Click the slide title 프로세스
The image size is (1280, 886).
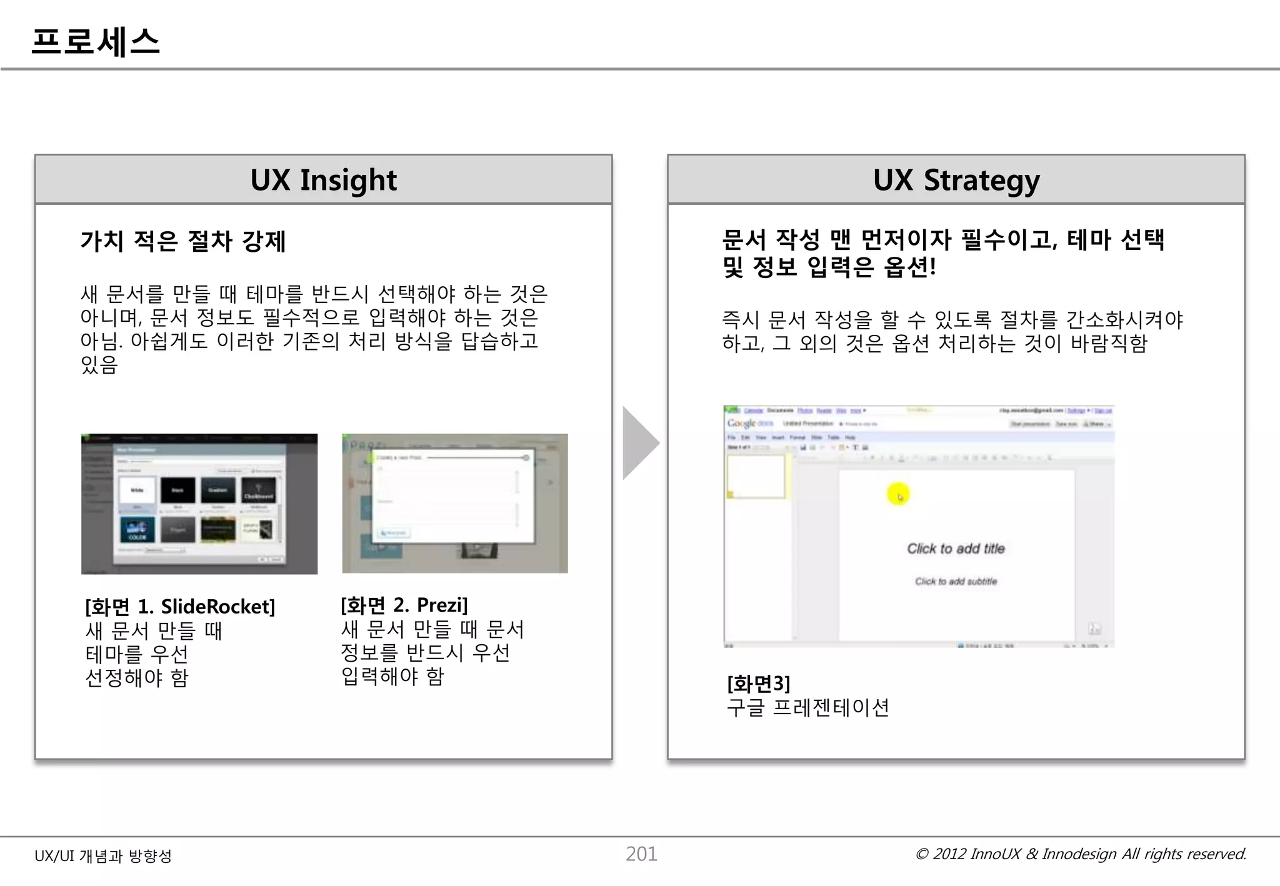[96, 42]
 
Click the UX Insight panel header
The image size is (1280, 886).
[323, 180]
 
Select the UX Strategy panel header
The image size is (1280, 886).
[956, 180]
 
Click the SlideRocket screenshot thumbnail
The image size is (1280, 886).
[199, 504]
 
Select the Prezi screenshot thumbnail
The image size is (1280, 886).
[455, 503]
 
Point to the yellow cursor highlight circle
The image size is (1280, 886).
[898, 495]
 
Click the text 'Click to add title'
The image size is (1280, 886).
[956, 549]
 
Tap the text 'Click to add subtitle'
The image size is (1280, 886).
[956, 582]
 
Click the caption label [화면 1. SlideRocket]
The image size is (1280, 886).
[180, 607]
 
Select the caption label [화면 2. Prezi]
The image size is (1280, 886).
[404, 605]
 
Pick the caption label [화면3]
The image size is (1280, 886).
[758, 684]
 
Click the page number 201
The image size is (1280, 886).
[641, 854]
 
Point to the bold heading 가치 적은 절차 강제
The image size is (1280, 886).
[183, 241]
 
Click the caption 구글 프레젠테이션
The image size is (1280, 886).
[807, 708]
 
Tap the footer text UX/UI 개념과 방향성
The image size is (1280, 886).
[103, 856]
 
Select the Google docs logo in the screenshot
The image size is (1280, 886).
[750, 424]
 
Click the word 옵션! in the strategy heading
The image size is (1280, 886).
[909, 267]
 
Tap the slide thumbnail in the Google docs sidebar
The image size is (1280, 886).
[756, 476]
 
